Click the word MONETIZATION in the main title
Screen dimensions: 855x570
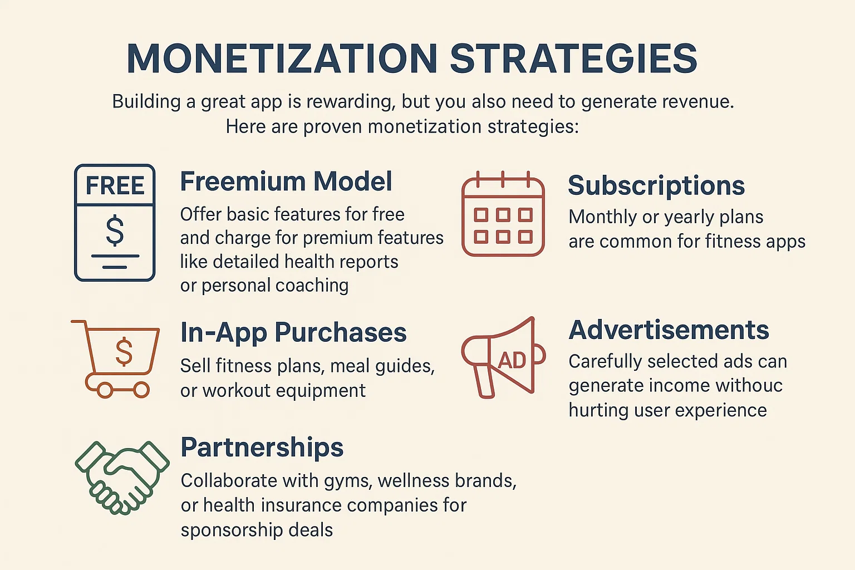click(x=282, y=58)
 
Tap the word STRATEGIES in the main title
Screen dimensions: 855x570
click(x=574, y=58)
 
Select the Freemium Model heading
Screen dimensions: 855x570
click(x=286, y=181)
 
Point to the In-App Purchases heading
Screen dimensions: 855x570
click(x=293, y=333)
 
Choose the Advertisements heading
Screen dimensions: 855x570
click(x=669, y=330)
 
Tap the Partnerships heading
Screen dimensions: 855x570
click(x=262, y=448)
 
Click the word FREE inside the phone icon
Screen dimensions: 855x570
click(x=115, y=185)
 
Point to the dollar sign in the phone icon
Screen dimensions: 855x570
click(x=115, y=230)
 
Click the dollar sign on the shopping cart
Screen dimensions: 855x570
click(x=124, y=352)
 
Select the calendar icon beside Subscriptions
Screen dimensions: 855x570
click(x=503, y=214)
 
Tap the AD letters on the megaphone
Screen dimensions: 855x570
click(x=512, y=360)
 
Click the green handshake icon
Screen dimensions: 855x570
click(x=122, y=478)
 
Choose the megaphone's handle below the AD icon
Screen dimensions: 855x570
click(x=484, y=382)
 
